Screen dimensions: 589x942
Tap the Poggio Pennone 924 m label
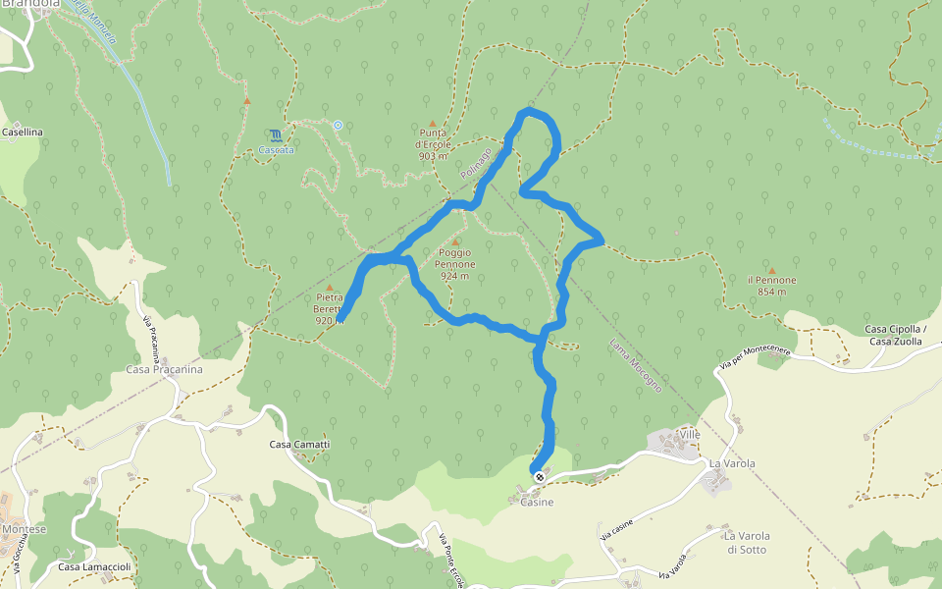(x=455, y=264)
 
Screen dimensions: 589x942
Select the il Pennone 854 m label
(x=771, y=285)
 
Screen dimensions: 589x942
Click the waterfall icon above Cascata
(x=276, y=134)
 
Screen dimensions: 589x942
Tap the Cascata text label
(x=276, y=150)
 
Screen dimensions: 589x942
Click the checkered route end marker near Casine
(x=539, y=476)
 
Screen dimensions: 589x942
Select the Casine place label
(x=537, y=503)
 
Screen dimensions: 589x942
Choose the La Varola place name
(x=731, y=462)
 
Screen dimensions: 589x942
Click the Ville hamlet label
(x=690, y=433)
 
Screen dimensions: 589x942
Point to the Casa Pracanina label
(x=164, y=370)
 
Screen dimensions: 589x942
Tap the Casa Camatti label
(x=300, y=445)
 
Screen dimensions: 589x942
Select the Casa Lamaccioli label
(x=94, y=566)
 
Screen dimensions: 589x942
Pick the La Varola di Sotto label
(x=748, y=542)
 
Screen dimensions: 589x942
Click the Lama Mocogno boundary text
(x=635, y=365)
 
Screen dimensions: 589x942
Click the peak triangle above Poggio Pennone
(x=455, y=241)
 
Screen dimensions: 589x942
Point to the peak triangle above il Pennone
(x=771, y=270)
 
